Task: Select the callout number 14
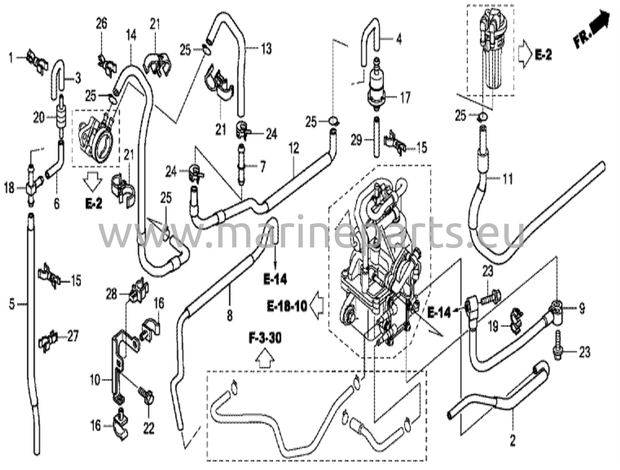(131, 35)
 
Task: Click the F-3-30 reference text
(265, 338)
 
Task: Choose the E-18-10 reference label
(287, 306)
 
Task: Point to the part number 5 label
(12, 304)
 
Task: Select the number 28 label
(111, 293)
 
